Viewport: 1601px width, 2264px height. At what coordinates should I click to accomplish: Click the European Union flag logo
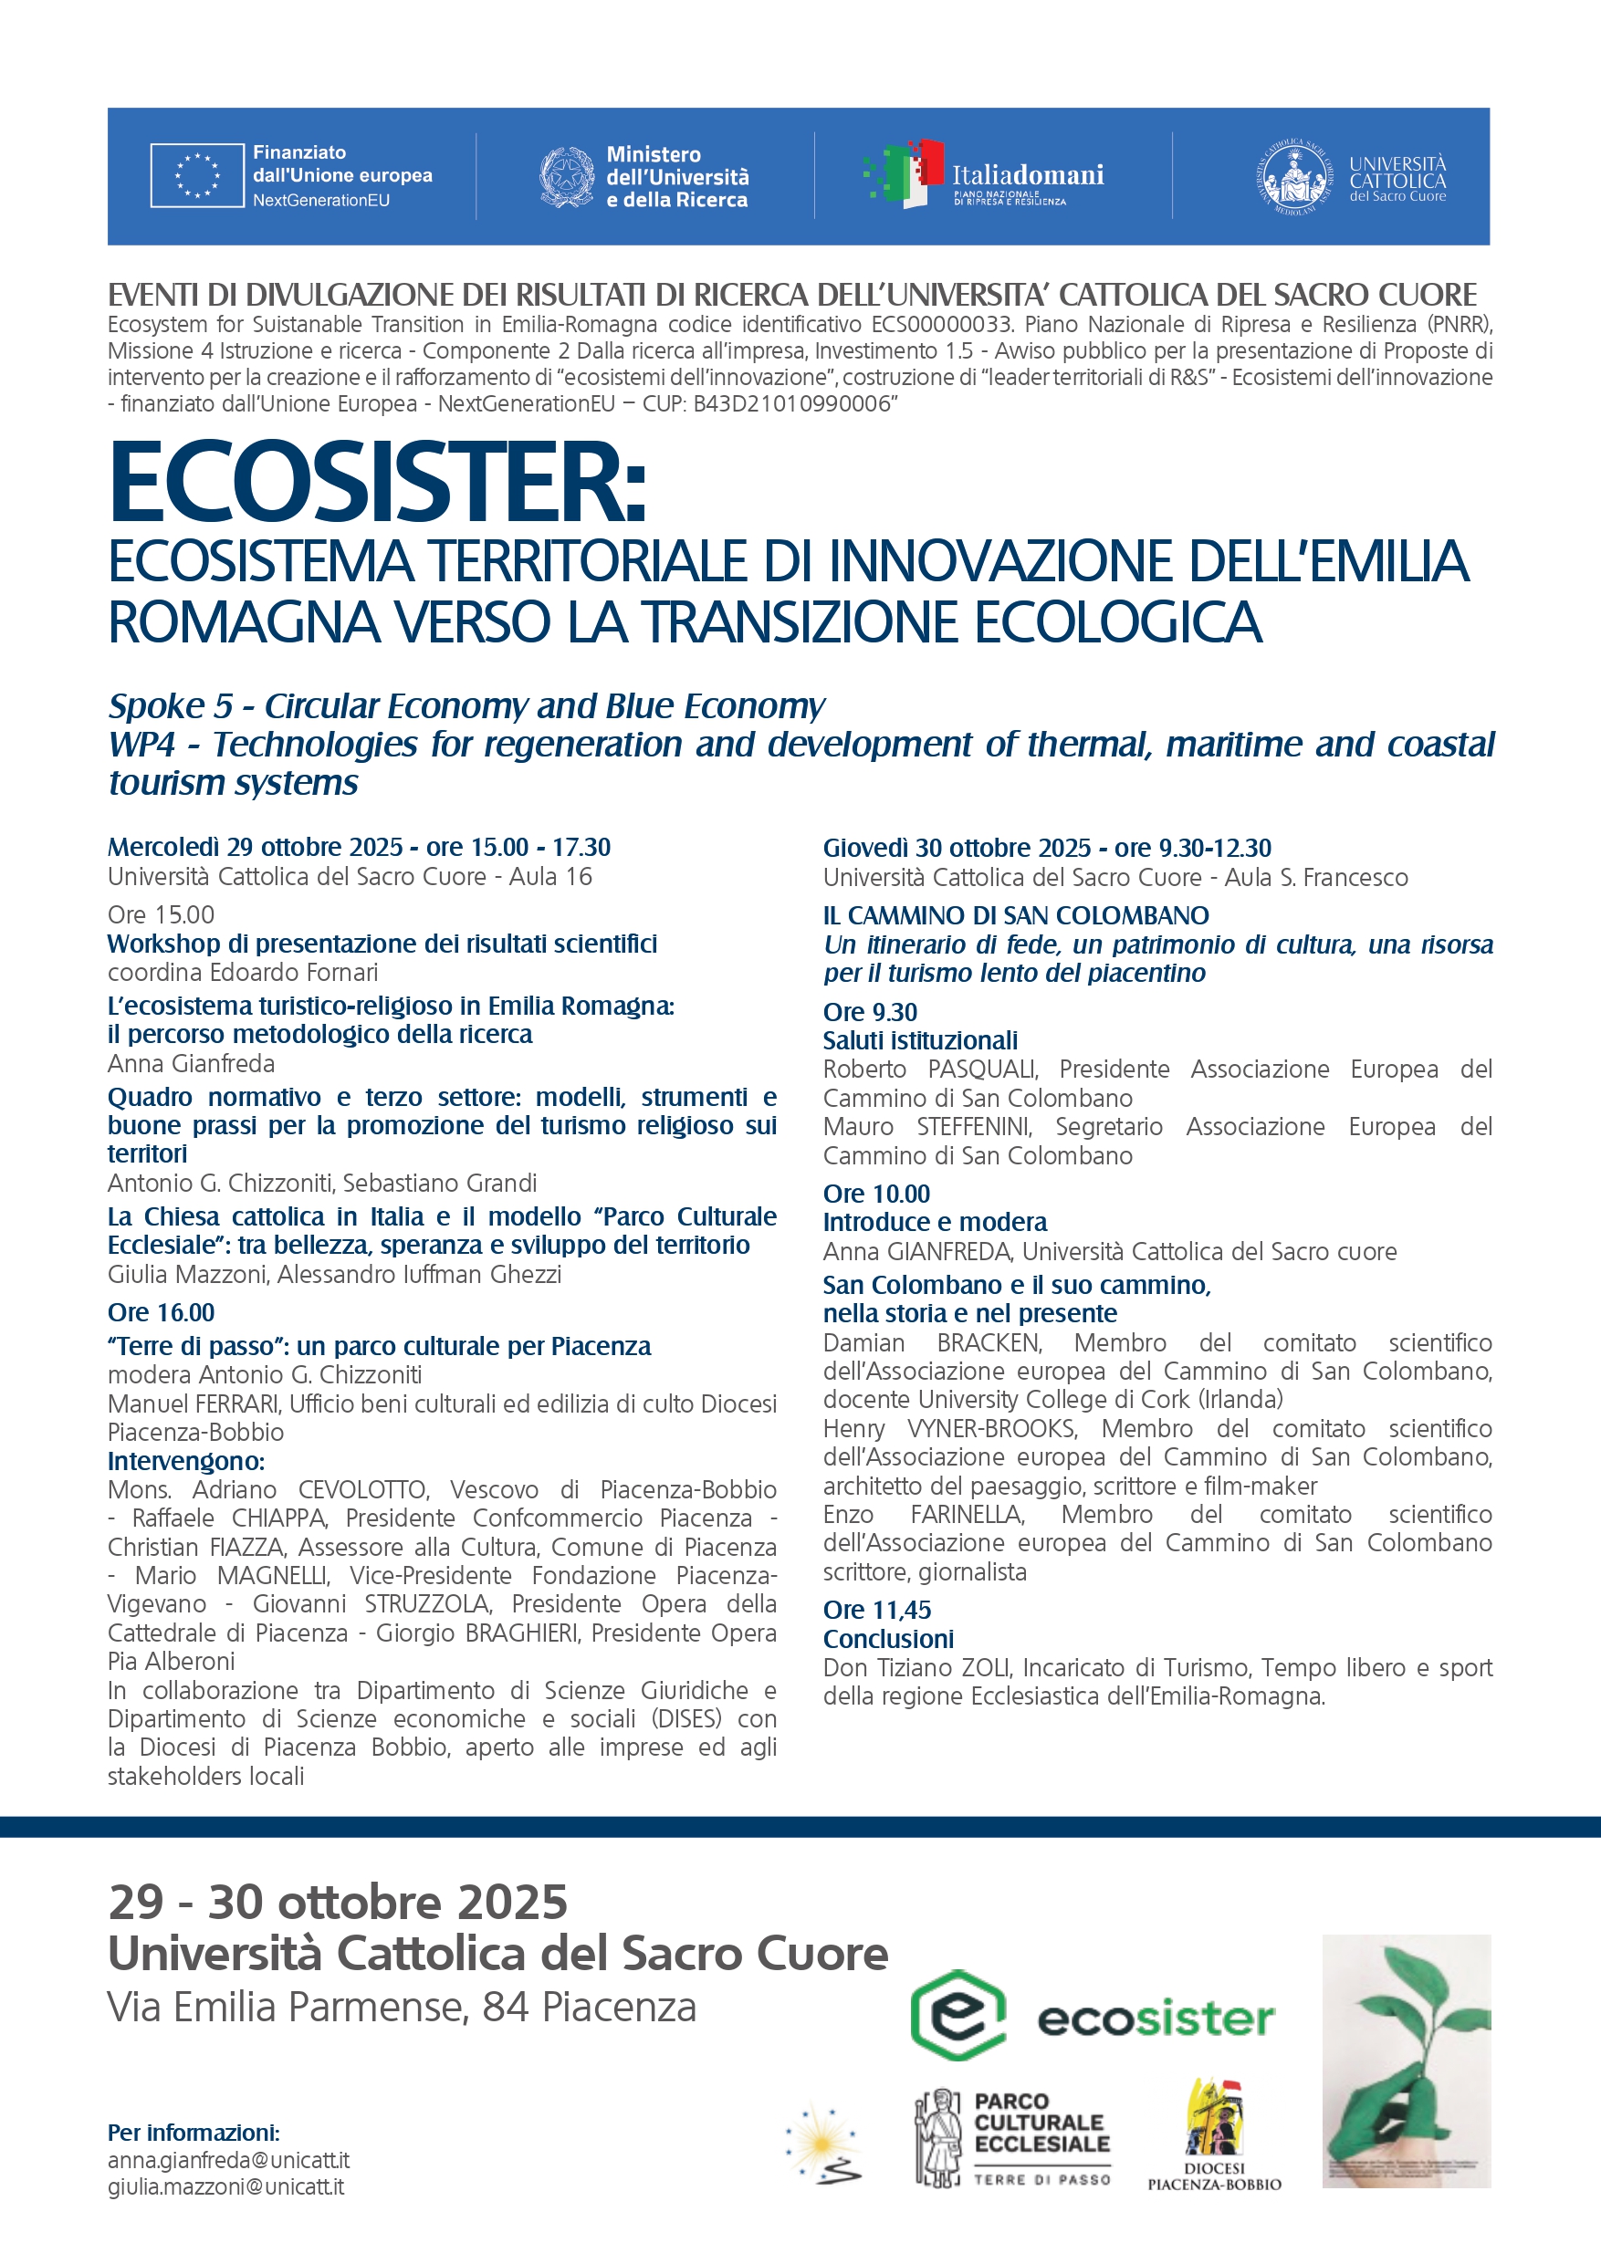coord(197,175)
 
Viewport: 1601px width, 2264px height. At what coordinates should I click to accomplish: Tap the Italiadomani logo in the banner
coord(982,175)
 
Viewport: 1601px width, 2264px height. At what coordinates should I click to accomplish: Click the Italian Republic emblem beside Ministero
coord(566,176)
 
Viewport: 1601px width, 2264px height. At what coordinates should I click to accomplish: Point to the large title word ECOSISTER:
coord(378,483)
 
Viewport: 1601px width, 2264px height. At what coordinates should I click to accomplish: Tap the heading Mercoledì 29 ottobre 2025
coord(255,847)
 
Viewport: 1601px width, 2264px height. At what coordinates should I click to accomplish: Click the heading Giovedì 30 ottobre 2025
coord(957,848)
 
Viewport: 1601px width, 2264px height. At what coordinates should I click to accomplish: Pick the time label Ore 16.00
coord(161,1312)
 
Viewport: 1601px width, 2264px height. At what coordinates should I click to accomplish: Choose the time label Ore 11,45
coord(877,1609)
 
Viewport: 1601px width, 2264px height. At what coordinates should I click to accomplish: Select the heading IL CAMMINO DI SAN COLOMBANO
coord(1016,915)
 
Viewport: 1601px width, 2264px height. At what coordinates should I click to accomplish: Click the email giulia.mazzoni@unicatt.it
coord(225,2187)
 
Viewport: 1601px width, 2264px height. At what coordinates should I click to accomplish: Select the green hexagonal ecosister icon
coord(957,2016)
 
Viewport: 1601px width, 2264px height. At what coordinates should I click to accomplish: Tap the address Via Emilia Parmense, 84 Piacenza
coord(402,2007)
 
